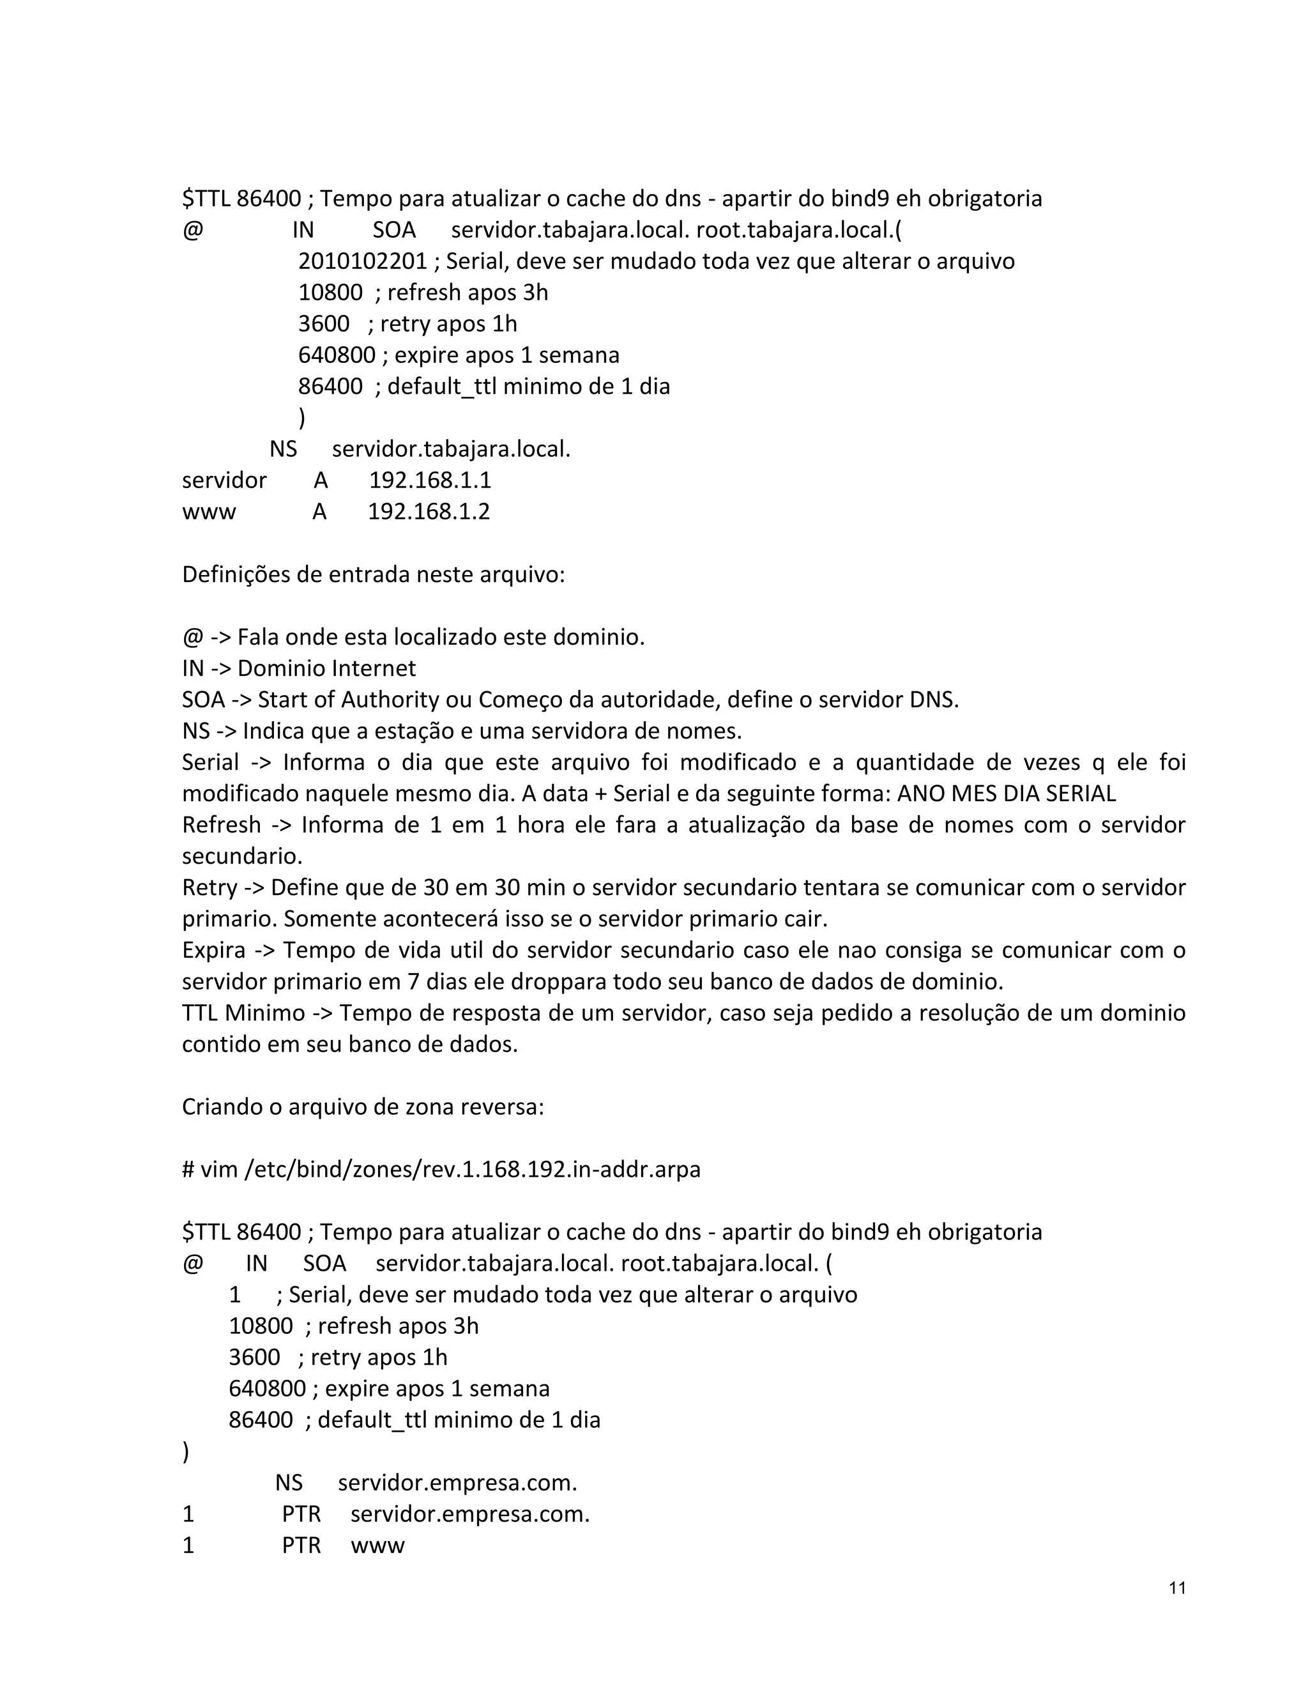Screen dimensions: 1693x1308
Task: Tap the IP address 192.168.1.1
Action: pos(430,480)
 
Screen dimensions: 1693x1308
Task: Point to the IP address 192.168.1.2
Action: pos(429,512)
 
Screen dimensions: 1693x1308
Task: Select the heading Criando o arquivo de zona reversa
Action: pos(363,1106)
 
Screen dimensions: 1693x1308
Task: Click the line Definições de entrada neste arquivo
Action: pos(374,574)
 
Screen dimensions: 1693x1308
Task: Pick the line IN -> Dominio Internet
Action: pos(298,668)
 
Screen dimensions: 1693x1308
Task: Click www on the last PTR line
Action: pos(377,1545)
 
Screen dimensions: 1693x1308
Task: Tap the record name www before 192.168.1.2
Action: pos(208,512)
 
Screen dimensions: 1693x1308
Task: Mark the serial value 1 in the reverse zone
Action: pos(235,1294)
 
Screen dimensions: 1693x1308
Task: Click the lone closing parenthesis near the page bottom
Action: pos(186,1452)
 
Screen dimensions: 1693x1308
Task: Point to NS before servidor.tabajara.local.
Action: pos(283,450)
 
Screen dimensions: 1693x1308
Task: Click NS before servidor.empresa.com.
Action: pos(288,1483)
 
